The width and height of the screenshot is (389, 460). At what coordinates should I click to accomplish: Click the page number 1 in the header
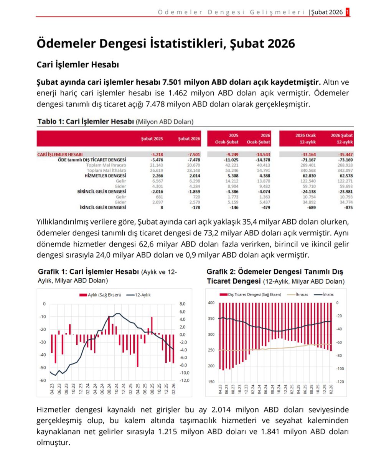(x=348, y=12)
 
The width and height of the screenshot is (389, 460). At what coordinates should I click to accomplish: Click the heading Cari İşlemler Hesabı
(x=77, y=64)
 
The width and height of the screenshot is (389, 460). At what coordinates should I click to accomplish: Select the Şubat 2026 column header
(x=189, y=139)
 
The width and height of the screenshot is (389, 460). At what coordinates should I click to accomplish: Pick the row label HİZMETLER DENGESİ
(x=105, y=176)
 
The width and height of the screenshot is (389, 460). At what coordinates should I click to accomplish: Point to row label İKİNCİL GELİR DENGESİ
(x=102, y=207)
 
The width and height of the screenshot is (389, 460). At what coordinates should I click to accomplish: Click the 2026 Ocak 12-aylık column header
(x=305, y=138)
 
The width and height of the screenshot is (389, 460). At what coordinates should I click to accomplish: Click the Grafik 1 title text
(x=88, y=272)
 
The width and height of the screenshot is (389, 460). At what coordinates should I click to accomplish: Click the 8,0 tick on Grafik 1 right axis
(x=183, y=304)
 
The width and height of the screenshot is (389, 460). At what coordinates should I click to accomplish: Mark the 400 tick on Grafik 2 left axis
(x=211, y=303)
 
